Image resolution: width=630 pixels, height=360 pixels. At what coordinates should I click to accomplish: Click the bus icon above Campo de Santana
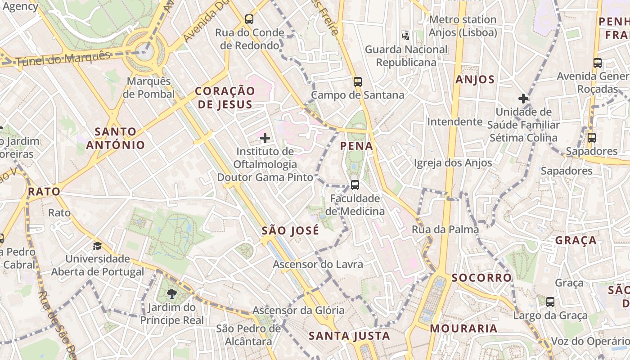click(358, 82)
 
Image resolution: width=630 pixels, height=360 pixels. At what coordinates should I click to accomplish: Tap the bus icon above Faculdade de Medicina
click(355, 184)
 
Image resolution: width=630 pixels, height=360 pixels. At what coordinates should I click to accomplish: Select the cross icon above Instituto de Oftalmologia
click(265, 138)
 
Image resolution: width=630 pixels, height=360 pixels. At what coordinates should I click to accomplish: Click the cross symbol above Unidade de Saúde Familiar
click(523, 98)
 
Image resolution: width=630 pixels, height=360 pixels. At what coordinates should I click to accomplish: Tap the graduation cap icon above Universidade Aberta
click(97, 246)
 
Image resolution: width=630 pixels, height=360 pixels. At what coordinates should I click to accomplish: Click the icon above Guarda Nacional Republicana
click(406, 35)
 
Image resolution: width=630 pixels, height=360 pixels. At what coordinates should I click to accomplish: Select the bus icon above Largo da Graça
click(550, 301)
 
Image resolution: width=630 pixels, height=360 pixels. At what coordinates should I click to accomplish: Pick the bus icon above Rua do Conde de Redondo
click(249, 19)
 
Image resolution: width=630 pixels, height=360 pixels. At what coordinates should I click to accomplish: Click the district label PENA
click(356, 146)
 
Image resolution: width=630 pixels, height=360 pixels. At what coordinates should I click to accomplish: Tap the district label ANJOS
click(475, 80)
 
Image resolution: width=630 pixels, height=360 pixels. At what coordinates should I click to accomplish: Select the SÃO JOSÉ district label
click(290, 231)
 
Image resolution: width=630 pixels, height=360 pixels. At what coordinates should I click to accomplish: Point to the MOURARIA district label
click(463, 328)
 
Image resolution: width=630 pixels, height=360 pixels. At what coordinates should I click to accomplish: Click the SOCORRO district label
click(481, 278)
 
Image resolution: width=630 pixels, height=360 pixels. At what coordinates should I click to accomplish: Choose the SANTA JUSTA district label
click(349, 336)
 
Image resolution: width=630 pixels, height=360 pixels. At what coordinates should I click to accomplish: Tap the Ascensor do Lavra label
click(318, 264)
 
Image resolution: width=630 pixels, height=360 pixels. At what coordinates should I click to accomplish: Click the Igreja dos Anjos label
click(453, 162)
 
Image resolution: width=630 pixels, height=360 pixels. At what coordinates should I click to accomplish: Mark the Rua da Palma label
click(445, 229)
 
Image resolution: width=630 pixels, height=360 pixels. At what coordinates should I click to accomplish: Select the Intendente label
click(454, 121)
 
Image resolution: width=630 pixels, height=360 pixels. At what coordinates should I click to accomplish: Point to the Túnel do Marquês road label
click(63, 59)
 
